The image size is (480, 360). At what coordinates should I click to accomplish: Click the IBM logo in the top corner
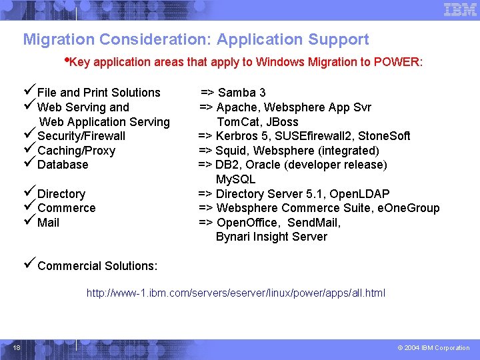coord(460,9)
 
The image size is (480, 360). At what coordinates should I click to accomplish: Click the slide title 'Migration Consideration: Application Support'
coord(196,39)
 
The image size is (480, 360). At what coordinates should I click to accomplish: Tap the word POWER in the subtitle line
coord(397,62)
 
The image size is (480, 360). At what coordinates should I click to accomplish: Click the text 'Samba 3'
coord(242,93)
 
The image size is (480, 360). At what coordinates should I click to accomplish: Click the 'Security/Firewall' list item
coord(81,136)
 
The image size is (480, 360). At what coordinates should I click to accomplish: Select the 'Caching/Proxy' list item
coord(76,151)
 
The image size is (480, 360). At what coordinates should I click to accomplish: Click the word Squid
coord(231,151)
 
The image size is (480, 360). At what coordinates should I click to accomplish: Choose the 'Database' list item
coord(63,165)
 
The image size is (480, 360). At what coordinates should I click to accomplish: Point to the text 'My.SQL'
coord(235,179)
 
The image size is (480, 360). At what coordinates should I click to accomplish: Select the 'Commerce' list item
coord(66,208)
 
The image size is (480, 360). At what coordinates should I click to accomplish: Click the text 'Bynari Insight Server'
coord(271,237)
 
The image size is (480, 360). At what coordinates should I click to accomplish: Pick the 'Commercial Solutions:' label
coord(97,266)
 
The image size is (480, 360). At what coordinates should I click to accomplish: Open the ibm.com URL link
coord(236,293)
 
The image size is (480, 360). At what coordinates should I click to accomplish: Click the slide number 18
coord(16,347)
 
